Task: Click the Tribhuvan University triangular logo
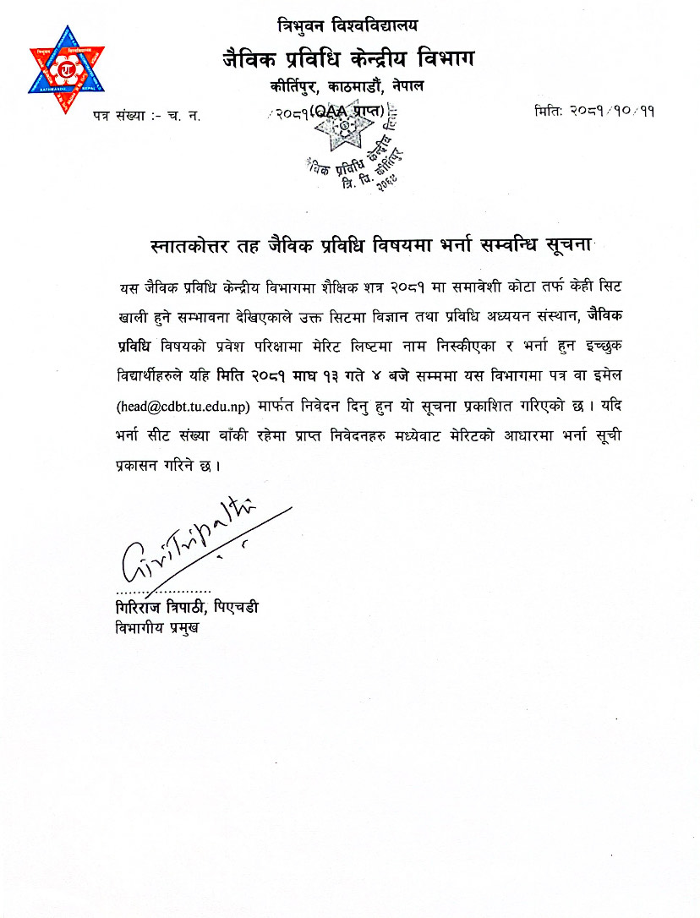(67, 70)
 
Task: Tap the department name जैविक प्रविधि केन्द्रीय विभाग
(347, 59)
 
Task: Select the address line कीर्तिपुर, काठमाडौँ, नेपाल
(347, 87)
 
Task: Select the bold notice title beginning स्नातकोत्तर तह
(361, 247)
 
